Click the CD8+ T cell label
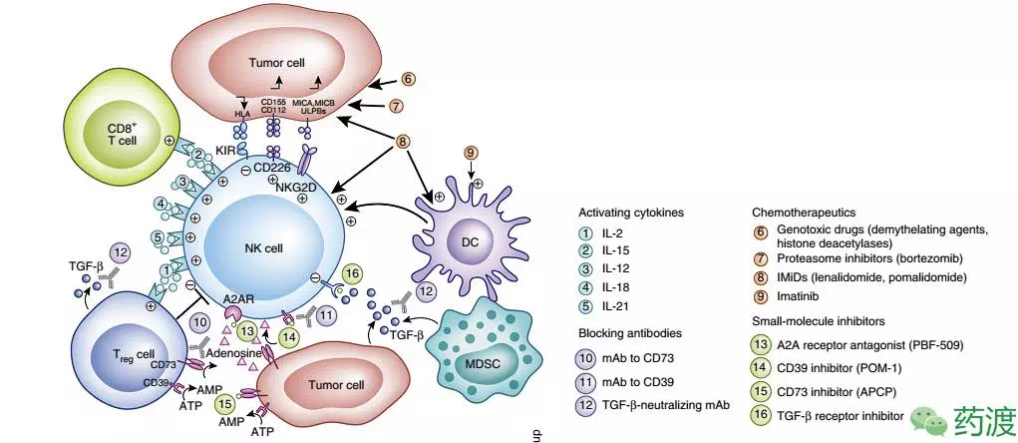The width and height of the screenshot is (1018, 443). [109, 134]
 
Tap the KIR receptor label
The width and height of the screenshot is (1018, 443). [225, 151]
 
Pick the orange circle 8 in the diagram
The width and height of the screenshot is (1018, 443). [404, 142]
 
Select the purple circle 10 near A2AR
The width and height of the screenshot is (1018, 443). [198, 323]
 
